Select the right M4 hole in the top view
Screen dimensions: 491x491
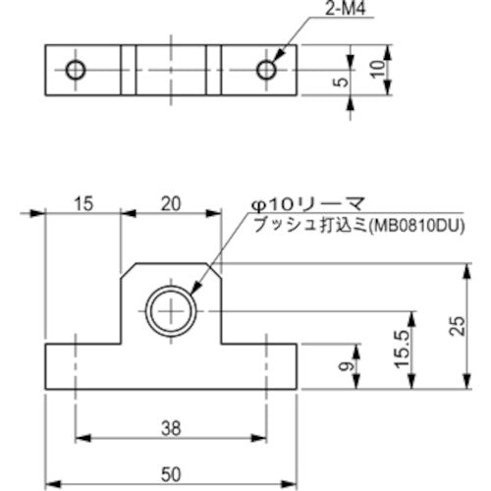[x=265, y=70]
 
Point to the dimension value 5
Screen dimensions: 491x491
[x=341, y=82]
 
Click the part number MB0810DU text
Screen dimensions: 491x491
[x=420, y=225]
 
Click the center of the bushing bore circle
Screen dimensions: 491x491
[x=171, y=313]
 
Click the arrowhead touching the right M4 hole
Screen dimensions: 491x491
[x=275, y=61]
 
